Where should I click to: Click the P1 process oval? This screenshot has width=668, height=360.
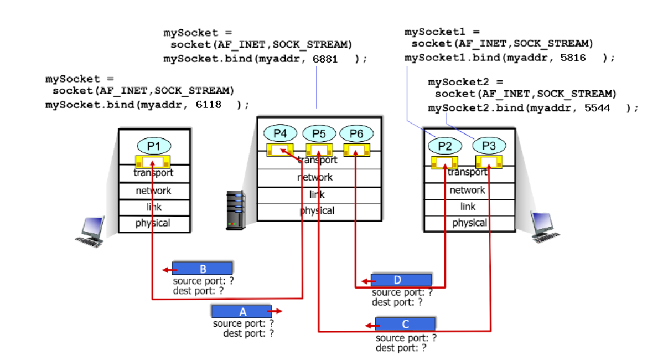point(154,146)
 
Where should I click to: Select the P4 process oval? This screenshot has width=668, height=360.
point(280,133)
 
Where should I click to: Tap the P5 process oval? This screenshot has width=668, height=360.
point(319,133)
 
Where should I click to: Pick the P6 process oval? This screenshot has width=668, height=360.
point(356,133)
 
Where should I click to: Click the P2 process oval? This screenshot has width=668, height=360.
point(445,146)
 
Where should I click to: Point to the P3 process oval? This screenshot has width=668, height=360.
point(489,146)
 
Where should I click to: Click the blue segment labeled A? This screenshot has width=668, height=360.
point(242,312)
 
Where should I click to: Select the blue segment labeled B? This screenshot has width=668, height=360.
point(202,269)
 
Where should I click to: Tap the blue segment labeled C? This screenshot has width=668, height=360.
point(405,324)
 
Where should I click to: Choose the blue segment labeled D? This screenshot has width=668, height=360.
point(401,280)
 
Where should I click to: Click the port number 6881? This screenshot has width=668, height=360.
point(325,59)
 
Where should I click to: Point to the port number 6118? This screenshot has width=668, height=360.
point(209,105)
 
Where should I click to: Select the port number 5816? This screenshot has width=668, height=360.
point(573,58)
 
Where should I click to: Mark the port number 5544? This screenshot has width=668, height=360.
point(597,108)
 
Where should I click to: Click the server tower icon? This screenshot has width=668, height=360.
point(236,210)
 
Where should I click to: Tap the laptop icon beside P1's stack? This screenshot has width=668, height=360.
point(90,232)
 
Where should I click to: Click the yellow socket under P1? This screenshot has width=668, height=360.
point(153,162)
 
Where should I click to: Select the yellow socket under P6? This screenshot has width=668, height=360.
point(356,150)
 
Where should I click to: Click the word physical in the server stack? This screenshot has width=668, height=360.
point(317,211)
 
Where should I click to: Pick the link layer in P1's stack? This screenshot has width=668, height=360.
point(154,207)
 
